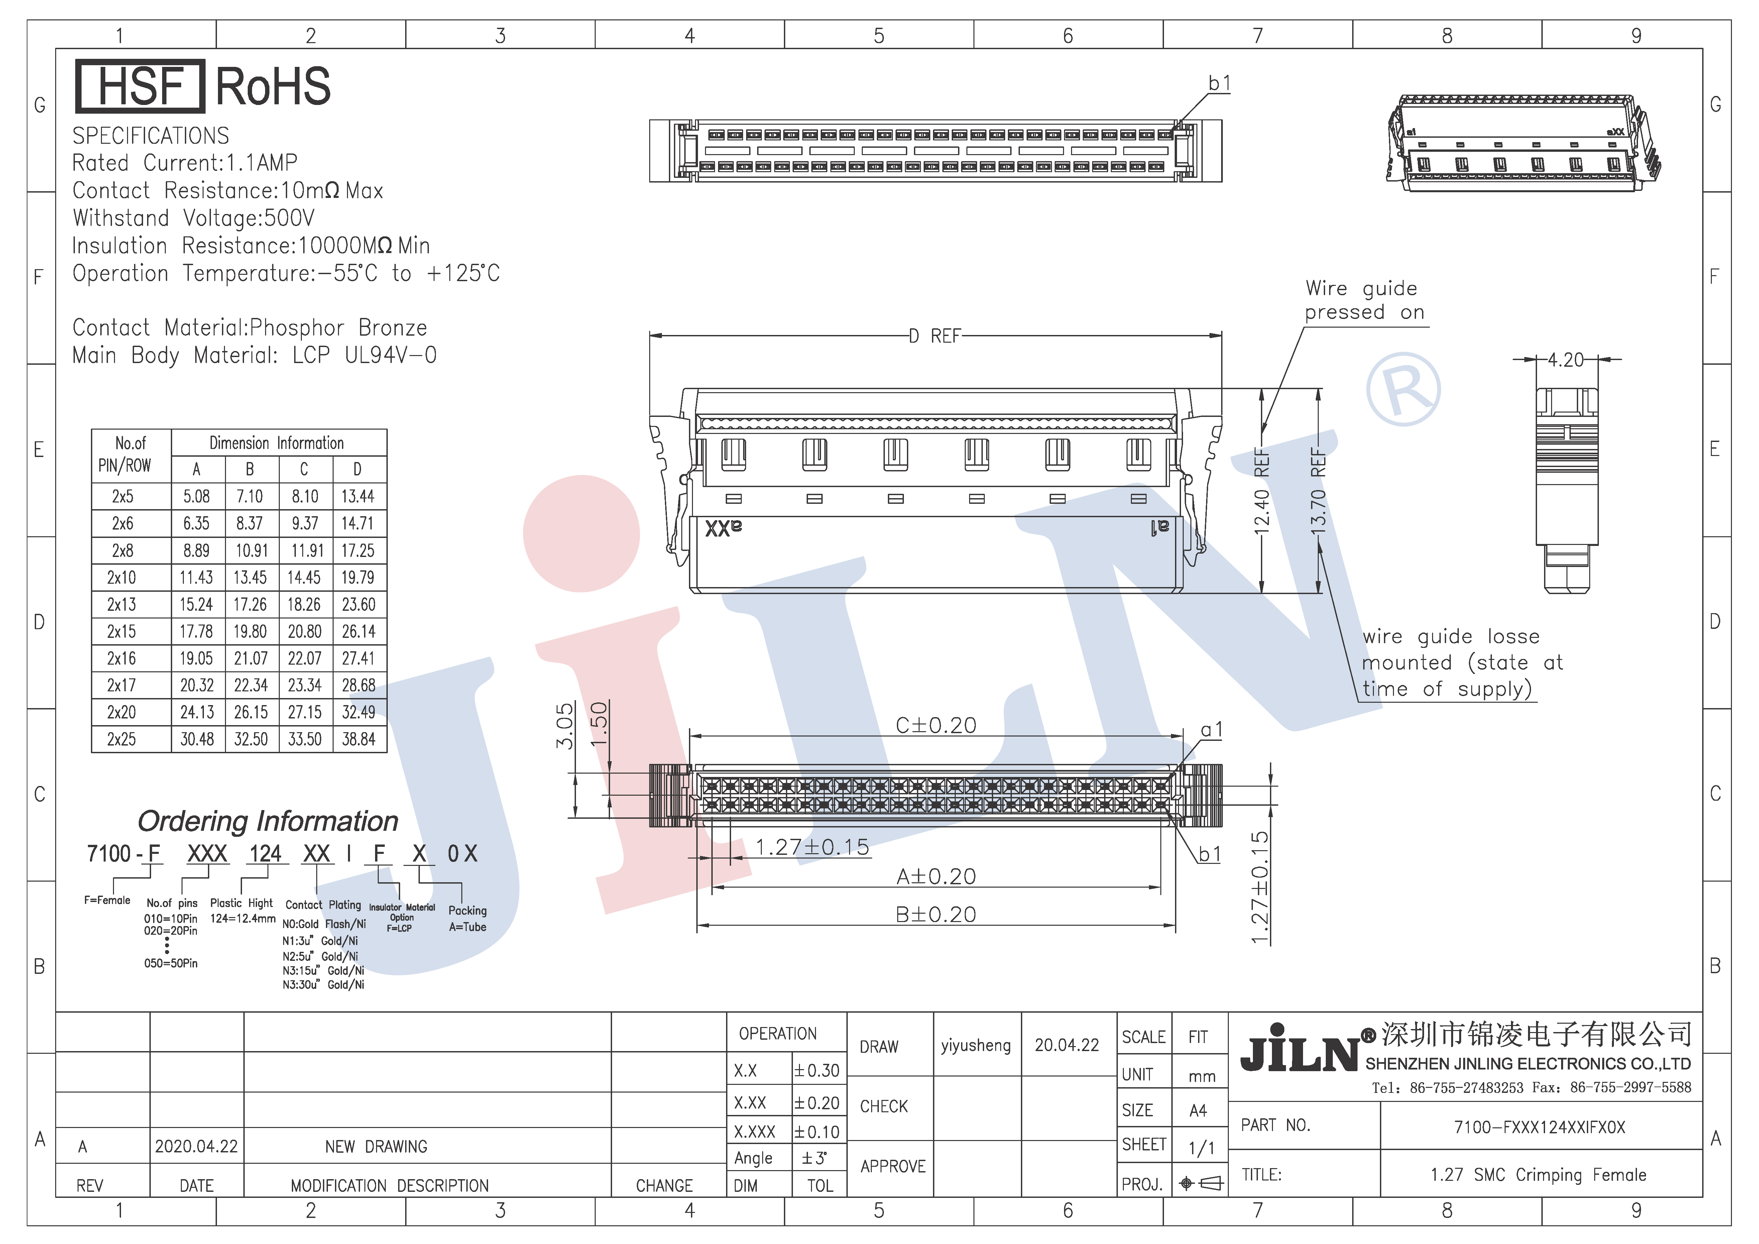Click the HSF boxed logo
[140, 86]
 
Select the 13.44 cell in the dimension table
[358, 496]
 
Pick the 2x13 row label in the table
[122, 604]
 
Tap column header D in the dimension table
[357, 469]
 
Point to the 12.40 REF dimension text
[1262, 490]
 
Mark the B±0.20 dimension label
[936, 914]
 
